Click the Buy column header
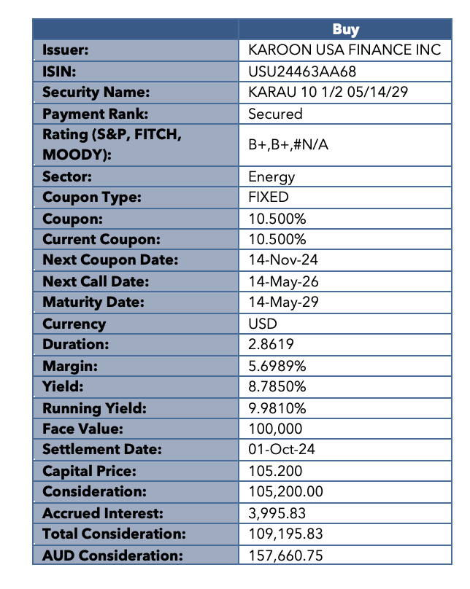point(345,29)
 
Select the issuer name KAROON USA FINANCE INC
point(344,50)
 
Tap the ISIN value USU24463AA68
point(302,71)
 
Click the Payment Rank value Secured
point(275,114)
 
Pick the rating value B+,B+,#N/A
point(288,145)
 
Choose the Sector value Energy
point(271,176)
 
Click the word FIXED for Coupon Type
point(269,198)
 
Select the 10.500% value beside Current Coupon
point(277,240)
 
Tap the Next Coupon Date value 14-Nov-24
point(283,260)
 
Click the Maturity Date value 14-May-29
point(283,303)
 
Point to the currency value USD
point(263,324)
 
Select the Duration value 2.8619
point(271,345)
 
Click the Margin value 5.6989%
point(277,366)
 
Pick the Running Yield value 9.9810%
point(277,407)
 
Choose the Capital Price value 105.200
point(275,471)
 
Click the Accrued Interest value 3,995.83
point(277,513)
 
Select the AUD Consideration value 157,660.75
point(285,555)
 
